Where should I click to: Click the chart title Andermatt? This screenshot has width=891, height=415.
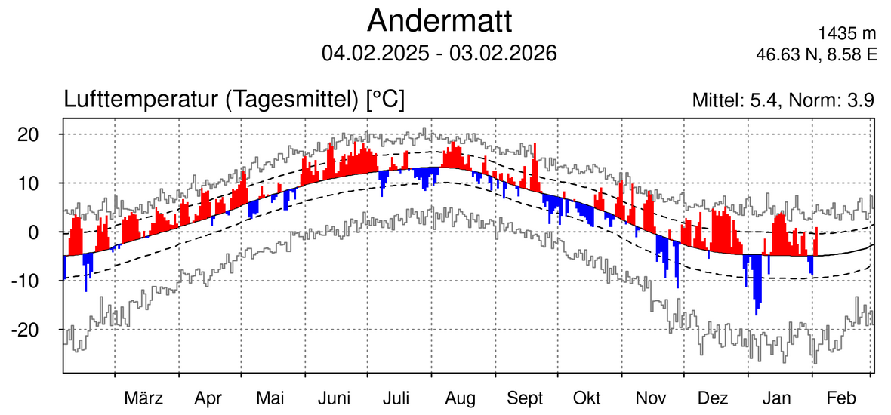click(439, 21)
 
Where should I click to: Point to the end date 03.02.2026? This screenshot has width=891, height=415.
click(503, 54)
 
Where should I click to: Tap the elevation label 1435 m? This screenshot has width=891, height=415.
click(847, 34)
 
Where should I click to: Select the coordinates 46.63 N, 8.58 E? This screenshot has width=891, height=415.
click(816, 54)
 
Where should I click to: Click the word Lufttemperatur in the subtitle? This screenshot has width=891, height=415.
click(143, 100)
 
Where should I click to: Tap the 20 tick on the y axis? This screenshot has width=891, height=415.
click(29, 134)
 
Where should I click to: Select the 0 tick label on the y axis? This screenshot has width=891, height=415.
click(33, 232)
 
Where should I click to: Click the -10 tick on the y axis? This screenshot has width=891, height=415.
click(26, 281)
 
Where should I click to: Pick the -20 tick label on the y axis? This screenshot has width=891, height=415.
click(26, 330)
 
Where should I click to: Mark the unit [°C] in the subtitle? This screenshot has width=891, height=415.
click(384, 100)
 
